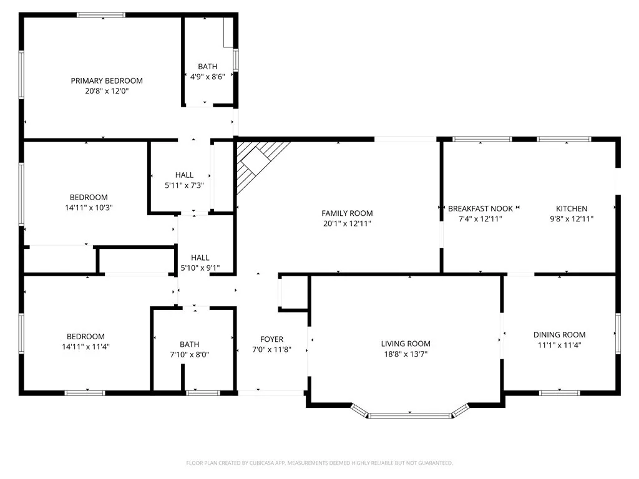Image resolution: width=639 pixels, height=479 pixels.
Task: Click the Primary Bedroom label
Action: coord(106,80)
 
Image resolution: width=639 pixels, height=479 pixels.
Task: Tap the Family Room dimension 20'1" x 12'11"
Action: coord(347,223)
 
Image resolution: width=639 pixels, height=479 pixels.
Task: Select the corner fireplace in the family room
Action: coord(259,163)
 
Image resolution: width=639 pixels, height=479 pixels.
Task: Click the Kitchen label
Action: coord(572,208)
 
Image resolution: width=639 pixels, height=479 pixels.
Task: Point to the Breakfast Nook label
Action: coord(480,208)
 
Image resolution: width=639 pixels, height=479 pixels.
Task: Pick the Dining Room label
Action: coord(559,334)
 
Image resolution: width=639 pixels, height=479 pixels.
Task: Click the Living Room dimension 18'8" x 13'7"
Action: coord(406,354)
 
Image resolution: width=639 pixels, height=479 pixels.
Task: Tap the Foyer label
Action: coord(271,339)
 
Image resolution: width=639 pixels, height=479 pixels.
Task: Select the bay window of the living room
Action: coord(409,414)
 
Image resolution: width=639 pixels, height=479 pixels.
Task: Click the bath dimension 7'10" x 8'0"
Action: coord(189,354)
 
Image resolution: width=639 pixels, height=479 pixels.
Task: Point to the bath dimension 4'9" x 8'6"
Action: coord(207,76)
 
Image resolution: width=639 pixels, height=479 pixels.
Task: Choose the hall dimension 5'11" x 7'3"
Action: coord(184,185)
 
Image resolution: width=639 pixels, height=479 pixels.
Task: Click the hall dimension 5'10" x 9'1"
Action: coord(200,268)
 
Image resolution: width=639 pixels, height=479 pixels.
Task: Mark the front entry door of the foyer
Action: coord(271,392)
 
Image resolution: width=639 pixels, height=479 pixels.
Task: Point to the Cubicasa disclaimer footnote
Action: coord(319,463)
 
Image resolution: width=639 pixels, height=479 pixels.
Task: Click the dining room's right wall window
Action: coord(618,334)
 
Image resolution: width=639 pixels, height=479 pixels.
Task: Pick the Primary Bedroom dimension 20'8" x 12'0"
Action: coord(106,91)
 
